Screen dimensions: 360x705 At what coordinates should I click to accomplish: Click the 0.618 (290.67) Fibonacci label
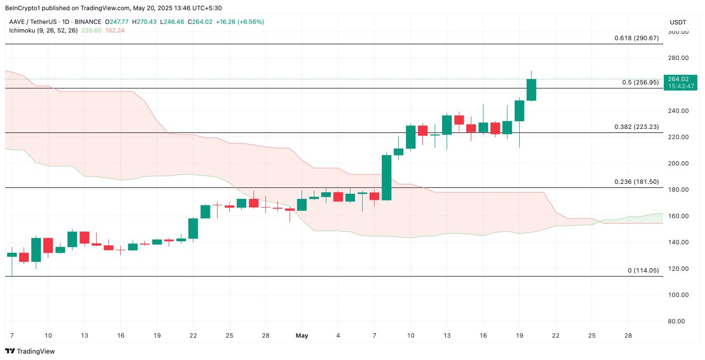pyautogui.click(x=636, y=38)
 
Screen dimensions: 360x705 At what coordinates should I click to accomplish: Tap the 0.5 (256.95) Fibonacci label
pyautogui.click(x=640, y=83)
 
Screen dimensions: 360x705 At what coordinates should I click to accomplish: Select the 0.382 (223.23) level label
pyautogui.click(x=636, y=127)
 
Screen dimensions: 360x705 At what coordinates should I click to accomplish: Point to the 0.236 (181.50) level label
pyautogui.click(x=636, y=182)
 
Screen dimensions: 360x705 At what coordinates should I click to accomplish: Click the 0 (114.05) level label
pyautogui.click(x=643, y=270)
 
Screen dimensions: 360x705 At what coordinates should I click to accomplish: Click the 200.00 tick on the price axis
pyautogui.click(x=677, y=164)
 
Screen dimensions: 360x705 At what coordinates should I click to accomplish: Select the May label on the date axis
pyautogui.click(x=302, y=335)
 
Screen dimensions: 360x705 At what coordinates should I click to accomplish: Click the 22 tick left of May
pyautogui.click(x=193, y=335)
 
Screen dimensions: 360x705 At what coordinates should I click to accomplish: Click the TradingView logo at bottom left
pyautogui.click(x=30, y=351)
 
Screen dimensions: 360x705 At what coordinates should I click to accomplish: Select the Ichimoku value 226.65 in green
pyautogui.click(x=91, y=31)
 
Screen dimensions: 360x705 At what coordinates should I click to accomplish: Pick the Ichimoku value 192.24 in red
pyautogui.click(x=114, y=31)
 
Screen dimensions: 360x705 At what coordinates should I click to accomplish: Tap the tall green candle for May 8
pyautogui.click(x=386, y=177)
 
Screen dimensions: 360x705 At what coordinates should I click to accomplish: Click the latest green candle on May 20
pyautogui.click(x=531, y=90)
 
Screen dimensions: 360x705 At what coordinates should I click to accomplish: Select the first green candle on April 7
pyautogui.click(x=12, y=255)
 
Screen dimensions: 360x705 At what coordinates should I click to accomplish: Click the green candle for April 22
pyautogui.click(x=193, y=228)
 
